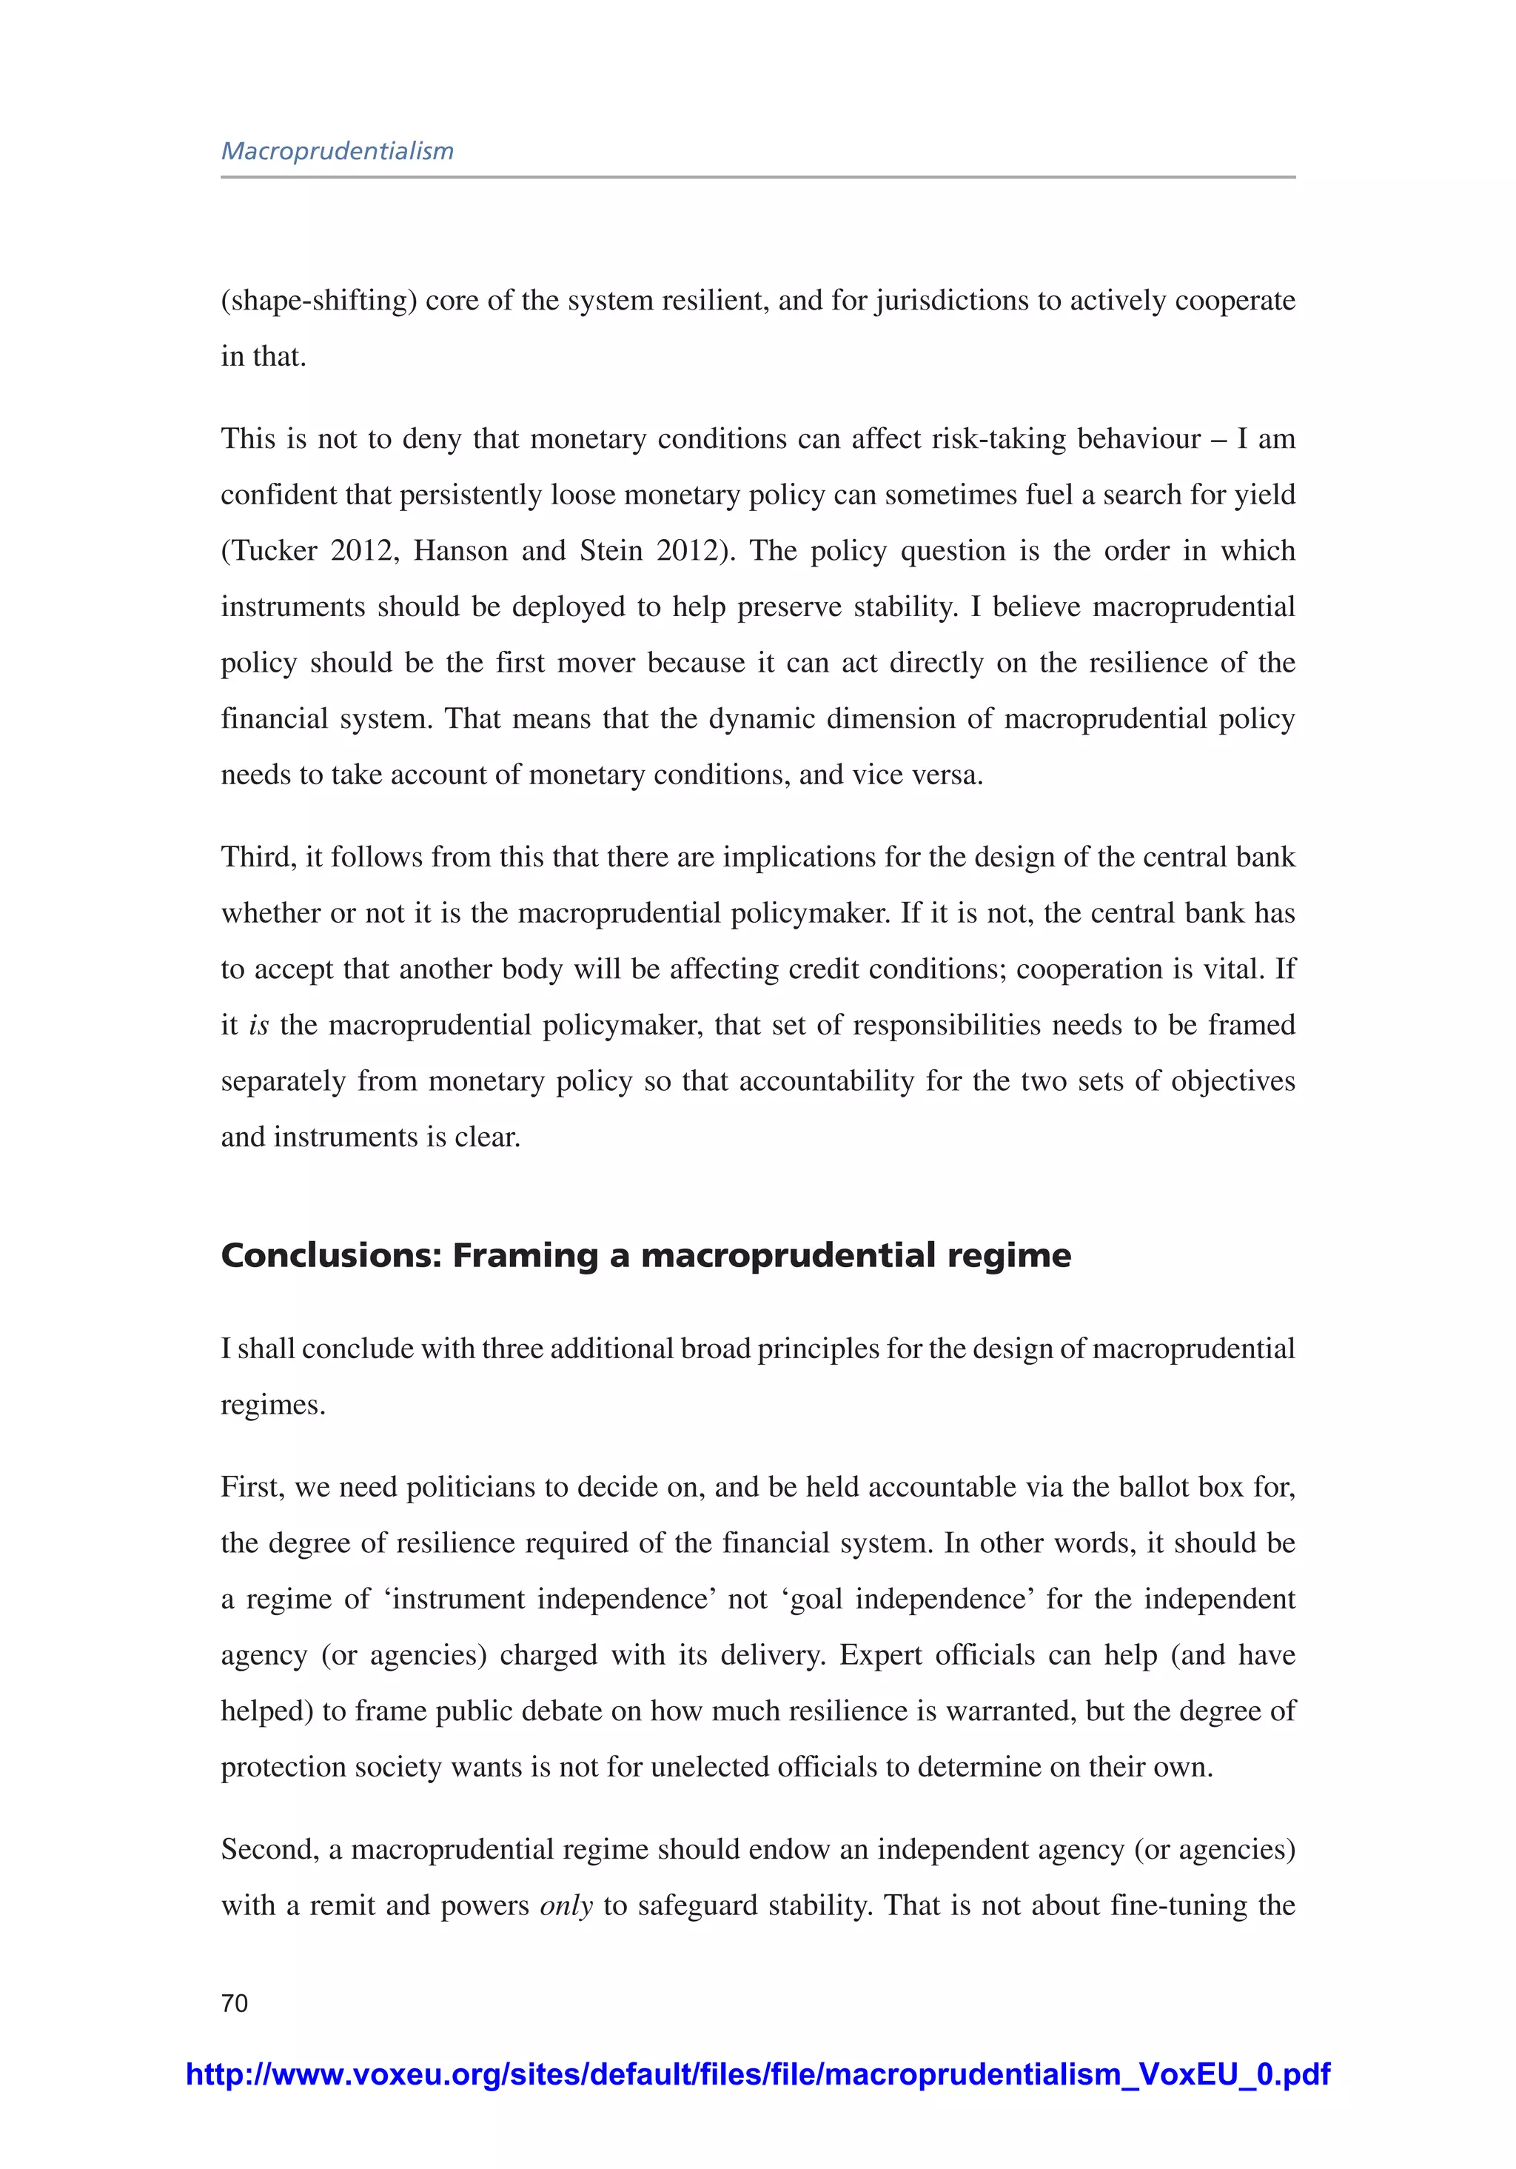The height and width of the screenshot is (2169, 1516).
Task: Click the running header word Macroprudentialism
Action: click(338, 151)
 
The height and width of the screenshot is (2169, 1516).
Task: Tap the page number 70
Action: click(234, 2002)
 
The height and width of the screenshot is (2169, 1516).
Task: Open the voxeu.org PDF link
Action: click(757, 2073)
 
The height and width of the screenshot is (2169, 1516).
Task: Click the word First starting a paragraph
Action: click(250, 1487)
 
